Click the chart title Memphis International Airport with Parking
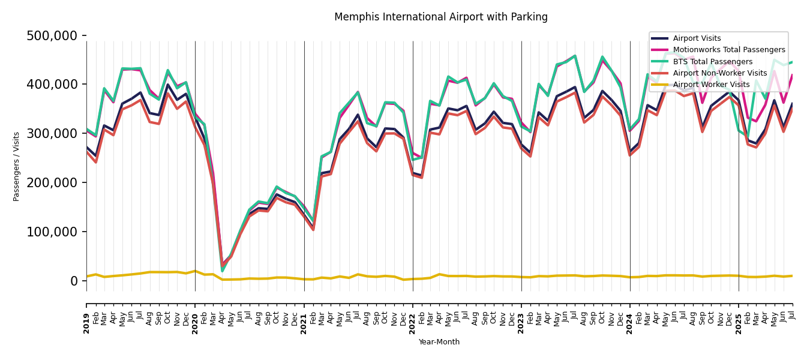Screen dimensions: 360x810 point(441,17)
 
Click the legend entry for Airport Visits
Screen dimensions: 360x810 point(697,38)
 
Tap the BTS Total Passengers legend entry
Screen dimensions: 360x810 point(712,62)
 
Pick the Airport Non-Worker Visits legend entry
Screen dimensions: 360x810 point(719,73)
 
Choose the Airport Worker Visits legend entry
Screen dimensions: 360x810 point(711,85)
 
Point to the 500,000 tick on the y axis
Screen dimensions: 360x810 point(52,36)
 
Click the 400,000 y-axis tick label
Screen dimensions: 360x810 point(52,85)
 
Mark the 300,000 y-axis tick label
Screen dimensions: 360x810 point(52,134)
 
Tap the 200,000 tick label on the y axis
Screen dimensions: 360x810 point(52,183)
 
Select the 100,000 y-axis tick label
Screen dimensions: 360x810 point(52,232)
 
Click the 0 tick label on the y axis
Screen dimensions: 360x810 point(74,281)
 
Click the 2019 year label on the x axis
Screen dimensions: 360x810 point(87,323)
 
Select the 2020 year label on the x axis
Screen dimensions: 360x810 point(196,323)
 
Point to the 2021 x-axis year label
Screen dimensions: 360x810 point(304,323)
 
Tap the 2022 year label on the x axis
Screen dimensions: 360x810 point(413,323)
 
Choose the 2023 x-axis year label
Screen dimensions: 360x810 point(521,323)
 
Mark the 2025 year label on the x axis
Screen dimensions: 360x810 point(739,323)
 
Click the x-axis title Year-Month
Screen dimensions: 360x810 point(439,342)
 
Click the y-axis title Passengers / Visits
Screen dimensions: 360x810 point(17,166)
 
